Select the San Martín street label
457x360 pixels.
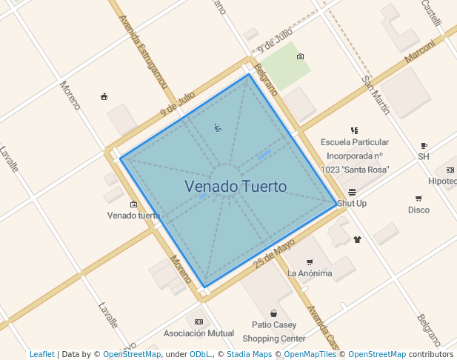point(376,93)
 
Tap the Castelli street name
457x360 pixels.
point(431,13)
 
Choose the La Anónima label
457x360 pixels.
point(310,273)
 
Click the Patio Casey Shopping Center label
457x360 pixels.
point(273,332)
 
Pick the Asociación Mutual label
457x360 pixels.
point(199,333)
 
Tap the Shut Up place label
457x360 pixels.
point(352,203)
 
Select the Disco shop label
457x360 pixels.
point(418,210)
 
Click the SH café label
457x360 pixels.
point(424,156)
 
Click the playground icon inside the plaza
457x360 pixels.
point(218,128)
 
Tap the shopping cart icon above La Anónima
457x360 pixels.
point(310,261)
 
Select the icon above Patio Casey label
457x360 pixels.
point(274,313)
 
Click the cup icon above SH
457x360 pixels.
point(424,145)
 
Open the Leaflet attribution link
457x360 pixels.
point(42,354)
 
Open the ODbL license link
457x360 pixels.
point(200,354)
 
